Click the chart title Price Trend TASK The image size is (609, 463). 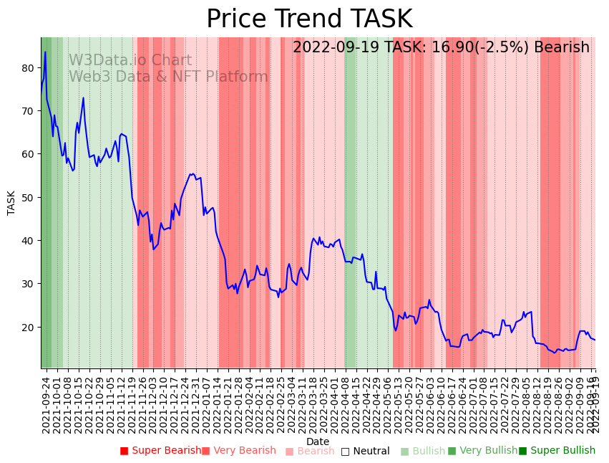pyautogui.click(x=309, y=19)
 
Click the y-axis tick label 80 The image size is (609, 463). pyautogui.click(x=27, y=68)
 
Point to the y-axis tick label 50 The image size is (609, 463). pyautogui.click(x=27, y=198)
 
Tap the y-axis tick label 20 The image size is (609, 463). pyautogui.click(x=27, y=328)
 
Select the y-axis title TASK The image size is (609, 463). pyautogui.click(x=11, y=203)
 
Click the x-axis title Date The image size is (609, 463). pyautogui.click(x=318, y=441)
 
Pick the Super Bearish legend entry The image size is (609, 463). pyautogui.click(x=161, y=451)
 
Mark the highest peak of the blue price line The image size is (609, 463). pyautogui.click(x=45, y=52)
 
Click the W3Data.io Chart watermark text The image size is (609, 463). pyautogui.click(x=130, y=61)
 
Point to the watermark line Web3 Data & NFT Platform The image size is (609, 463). pyautogui.click(x=168, y=77)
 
